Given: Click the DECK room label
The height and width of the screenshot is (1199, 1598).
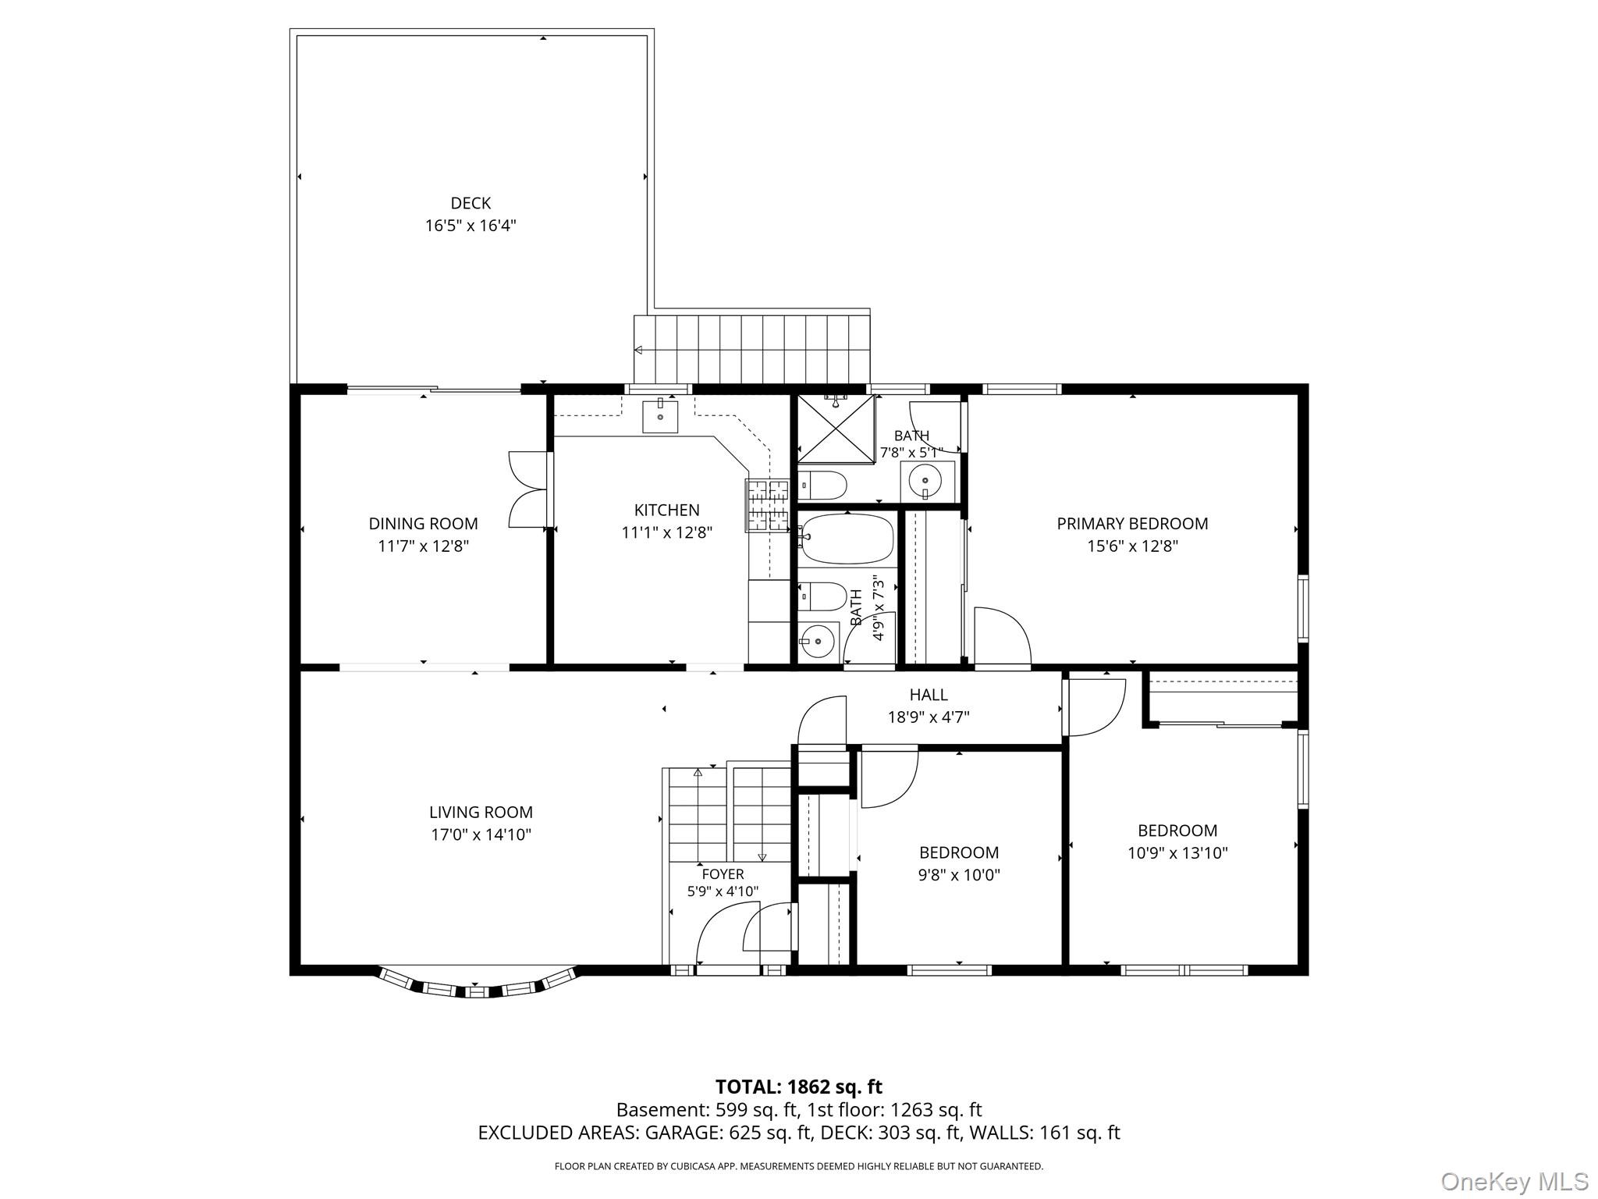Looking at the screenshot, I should tap(471, 204).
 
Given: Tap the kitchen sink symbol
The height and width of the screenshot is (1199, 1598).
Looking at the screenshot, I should tap(660, 416).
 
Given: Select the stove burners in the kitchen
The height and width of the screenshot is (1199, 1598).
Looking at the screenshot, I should tap(768, 505).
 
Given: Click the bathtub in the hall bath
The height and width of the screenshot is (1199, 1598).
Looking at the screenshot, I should tap(846, 539).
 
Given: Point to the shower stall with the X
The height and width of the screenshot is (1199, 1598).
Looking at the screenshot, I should tap(835, 429).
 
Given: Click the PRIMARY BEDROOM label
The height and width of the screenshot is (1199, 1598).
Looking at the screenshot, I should tap(1132, 524).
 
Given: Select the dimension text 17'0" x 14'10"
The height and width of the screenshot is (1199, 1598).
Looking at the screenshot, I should tap(481, 834).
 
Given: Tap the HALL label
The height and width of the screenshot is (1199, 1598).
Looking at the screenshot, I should tap(929, 695).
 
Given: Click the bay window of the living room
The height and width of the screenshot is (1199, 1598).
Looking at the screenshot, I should tap(478, 985).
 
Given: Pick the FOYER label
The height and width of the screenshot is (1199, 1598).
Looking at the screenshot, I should tap(723, 874).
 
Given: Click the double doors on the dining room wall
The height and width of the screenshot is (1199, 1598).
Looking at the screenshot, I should tap(529, 489).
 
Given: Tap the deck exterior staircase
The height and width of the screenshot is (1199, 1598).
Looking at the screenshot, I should tap(751, 349).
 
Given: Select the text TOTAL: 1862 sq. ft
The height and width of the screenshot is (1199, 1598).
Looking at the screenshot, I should tap(798, 1087).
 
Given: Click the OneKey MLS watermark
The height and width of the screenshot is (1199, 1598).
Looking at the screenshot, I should tap(1514, 1182).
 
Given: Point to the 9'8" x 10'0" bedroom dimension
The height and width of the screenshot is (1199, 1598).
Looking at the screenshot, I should tap(959, 875).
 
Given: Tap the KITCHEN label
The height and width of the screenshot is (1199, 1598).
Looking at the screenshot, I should tap(666, 511).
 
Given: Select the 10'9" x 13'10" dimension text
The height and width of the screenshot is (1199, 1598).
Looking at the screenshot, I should tap(1177, 853).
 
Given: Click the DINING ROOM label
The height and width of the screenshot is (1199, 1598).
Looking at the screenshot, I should tap(423, 524).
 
